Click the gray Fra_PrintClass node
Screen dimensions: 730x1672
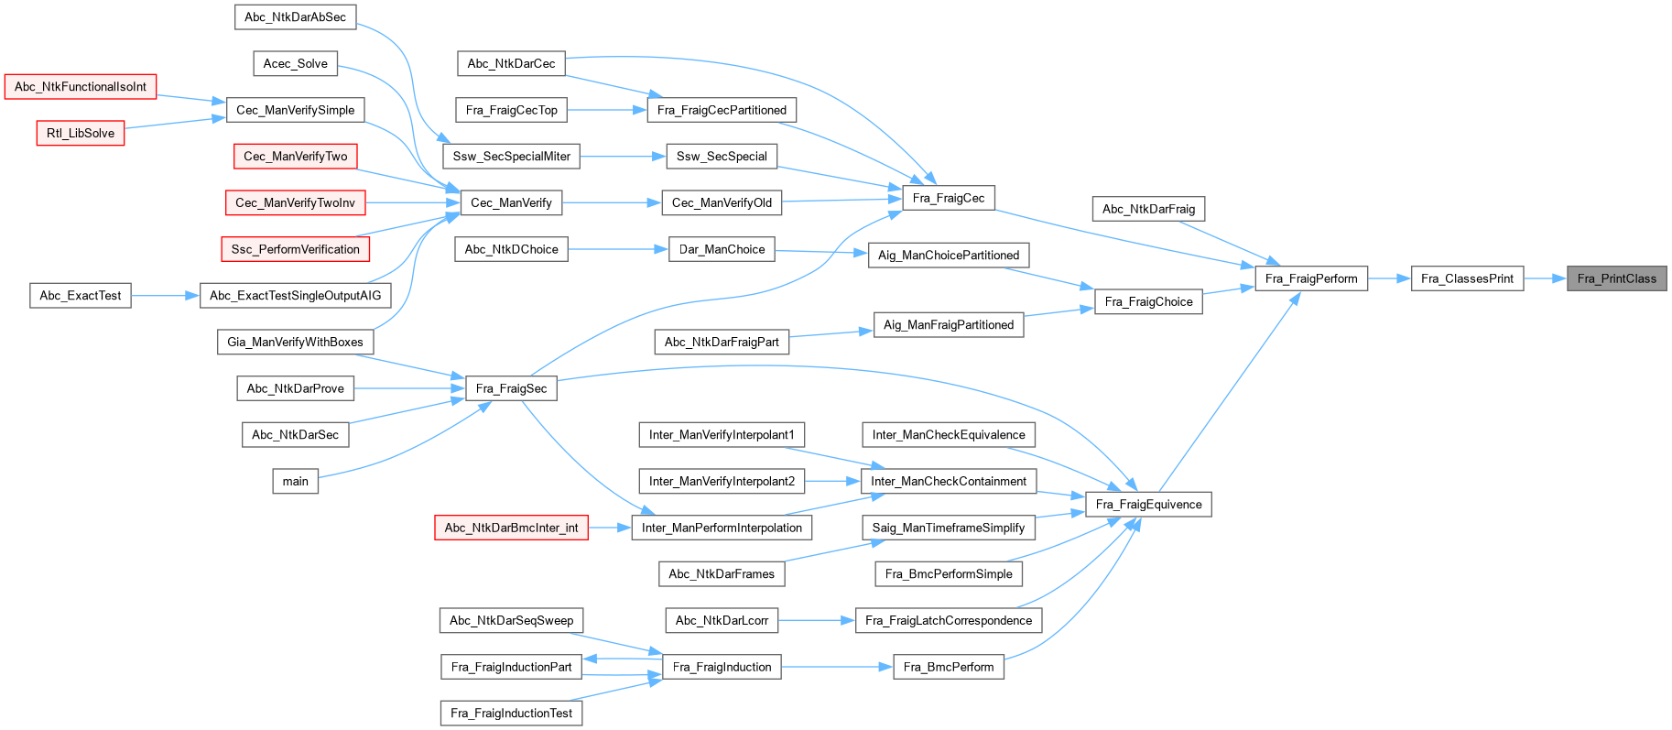point(1616,278)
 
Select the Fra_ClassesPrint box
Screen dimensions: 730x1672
point(1467,278)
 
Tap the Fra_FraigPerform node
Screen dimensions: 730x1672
point(1310,278)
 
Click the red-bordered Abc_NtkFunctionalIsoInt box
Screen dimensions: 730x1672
point(81,87)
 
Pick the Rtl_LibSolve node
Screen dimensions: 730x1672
point(81,133)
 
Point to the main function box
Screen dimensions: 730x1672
point(295,481)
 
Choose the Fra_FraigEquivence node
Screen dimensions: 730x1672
point(1148,505)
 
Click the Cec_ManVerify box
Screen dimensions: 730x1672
point(511,202)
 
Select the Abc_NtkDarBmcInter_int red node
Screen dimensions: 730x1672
point(511,528)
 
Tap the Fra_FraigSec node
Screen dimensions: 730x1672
point(511,388)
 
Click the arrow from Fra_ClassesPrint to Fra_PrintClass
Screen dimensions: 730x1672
point(1546,278)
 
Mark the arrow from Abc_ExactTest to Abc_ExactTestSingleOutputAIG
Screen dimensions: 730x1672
point(165,296)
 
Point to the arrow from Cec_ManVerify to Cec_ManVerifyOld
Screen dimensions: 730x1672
point(612,202)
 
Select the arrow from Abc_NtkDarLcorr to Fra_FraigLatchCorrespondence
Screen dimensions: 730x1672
point(816,620)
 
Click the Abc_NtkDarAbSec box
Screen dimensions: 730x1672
point(295,17)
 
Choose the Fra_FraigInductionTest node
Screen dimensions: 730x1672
point(511,713)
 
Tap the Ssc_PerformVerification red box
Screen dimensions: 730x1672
point(295,249)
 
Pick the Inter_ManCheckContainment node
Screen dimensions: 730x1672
point(949,481)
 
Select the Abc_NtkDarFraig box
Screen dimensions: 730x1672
point(1148,209)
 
